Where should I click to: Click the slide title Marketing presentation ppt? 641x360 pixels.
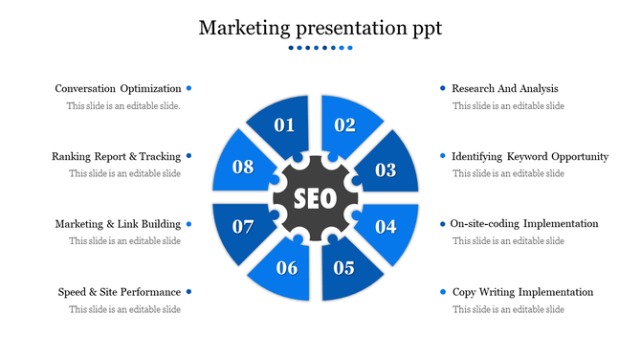click(320, 28)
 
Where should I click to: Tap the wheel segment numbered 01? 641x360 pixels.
click(284, 124)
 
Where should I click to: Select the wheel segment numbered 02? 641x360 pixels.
click(345, 124)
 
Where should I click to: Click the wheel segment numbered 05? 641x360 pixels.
click(344, 268)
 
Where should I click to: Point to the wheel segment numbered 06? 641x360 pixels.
click(286, 268)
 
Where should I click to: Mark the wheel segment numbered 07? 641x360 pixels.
click(243, 227)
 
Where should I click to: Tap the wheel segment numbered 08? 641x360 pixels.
click(243, 168)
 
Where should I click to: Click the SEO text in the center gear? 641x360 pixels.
click(315, 199)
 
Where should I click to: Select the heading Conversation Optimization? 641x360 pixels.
click(118, 89)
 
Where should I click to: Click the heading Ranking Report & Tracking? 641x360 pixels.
click(116, 156)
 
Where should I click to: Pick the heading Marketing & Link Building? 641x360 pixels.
click(118, 224)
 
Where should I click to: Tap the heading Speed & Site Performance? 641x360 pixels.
click(120, 292)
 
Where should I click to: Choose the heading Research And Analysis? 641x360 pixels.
click(504, 88)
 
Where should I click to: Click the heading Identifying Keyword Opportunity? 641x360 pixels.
click(530, 156)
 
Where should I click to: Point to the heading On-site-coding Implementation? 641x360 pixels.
click(525, 224)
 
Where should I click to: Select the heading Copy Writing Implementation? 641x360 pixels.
click(522, 292)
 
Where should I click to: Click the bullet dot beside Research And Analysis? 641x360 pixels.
click(443, 88)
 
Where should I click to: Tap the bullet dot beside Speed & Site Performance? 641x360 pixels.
click(190, 292)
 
